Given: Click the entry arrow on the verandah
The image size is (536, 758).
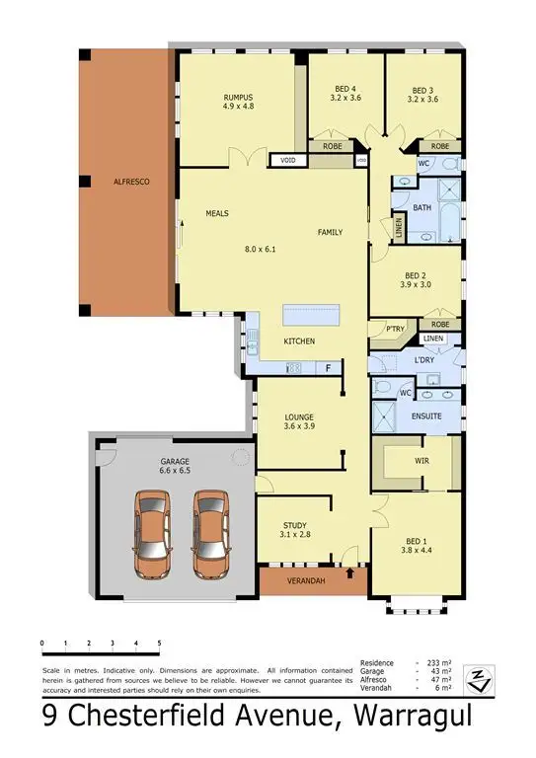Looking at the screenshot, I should click(352, 571).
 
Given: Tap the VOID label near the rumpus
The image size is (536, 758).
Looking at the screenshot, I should click(289, 160).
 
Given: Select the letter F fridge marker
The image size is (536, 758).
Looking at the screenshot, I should click(327, 367).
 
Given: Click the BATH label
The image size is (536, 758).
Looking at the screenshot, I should click(422, 207).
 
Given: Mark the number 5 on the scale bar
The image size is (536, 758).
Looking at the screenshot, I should click(159, 643).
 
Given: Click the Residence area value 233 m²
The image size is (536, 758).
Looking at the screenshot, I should click(435, 662).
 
